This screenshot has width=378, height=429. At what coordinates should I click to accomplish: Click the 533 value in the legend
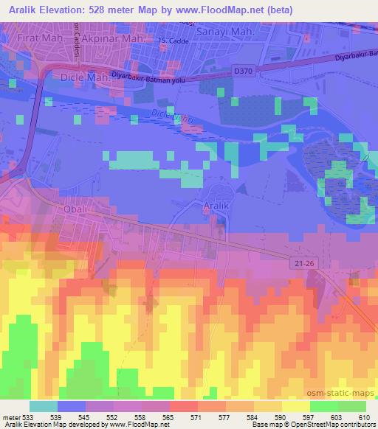point(34,417)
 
